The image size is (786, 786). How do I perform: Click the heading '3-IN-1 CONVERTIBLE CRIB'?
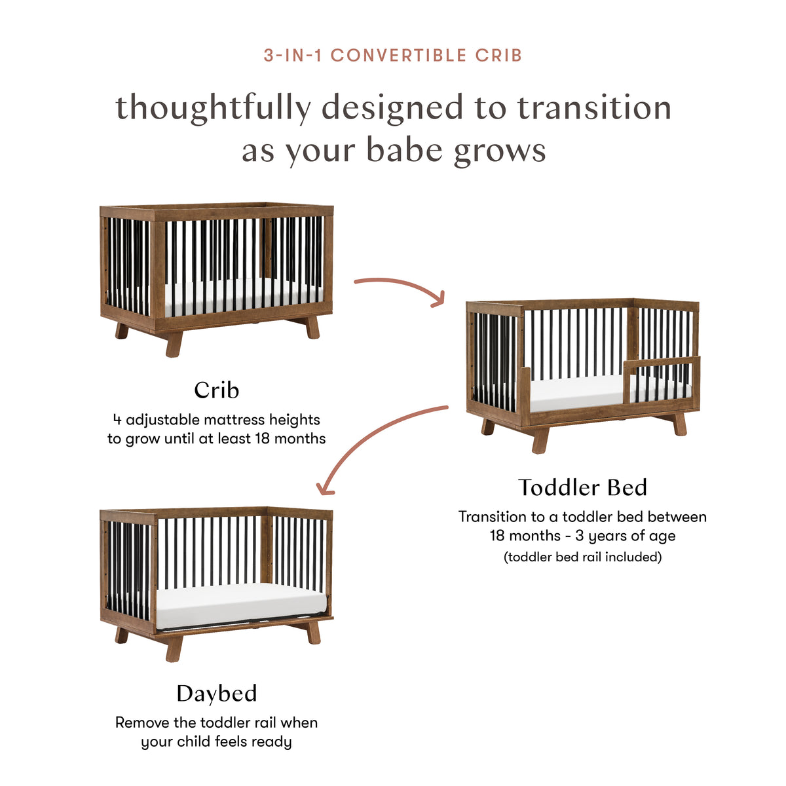point(393,55)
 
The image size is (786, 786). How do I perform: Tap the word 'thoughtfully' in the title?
point(212,109)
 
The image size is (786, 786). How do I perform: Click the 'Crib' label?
point(216,390)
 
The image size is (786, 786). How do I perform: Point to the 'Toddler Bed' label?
point(582,487)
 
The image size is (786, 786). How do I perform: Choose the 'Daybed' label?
point(216,694)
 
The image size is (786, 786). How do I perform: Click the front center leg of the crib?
point(174,344)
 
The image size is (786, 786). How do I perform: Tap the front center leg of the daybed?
point(174,648)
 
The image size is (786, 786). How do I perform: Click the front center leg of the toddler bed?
point(540,440)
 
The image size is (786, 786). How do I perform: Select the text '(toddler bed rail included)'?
point(582,557)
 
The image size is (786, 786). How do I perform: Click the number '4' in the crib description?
point(117,420)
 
